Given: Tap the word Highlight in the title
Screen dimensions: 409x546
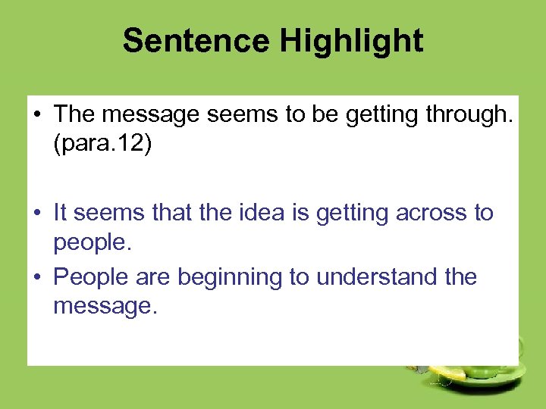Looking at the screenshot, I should click(351, 40).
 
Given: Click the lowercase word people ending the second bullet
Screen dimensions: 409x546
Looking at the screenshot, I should click(87, 244).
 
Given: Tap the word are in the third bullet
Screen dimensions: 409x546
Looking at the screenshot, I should click(150, 277).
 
